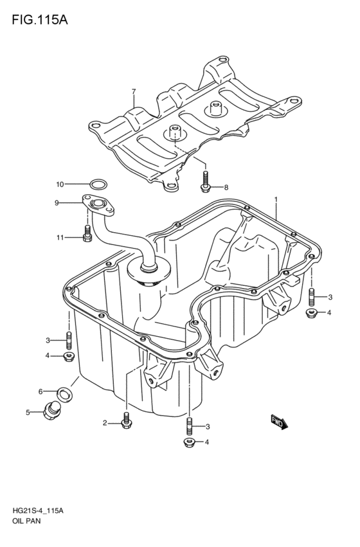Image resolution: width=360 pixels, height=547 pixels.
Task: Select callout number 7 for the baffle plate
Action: pos(133,92)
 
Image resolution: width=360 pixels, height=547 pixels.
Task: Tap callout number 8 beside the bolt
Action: pos(226,188)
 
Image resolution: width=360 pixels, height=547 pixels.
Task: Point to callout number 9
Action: pos(57,203)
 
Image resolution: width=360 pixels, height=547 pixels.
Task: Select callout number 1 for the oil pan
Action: pos(276,200)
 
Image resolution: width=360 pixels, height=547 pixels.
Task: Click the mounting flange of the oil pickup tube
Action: pos(96,205)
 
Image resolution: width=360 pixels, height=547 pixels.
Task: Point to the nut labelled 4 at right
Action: pos(312,313)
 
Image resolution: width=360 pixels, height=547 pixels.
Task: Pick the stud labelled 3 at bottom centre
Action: pos(190,426)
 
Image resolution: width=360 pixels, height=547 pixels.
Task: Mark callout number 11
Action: pos(60,238)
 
